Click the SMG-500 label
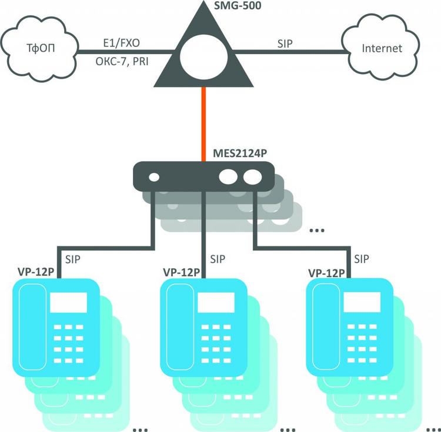pos(238,5)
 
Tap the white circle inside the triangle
pos(203,58)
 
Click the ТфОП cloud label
pos(41,48)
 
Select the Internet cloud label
pos(382,48)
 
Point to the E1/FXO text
pos(122,43)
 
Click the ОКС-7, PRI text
pos(122,62)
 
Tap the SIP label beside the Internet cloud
pos(285,43)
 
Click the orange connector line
pos(203,124)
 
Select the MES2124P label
pos(240,153)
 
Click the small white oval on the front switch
pos(154,178)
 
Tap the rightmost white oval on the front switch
pos(253,177)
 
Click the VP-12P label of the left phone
pos(36,272)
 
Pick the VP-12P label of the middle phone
pos(182,272)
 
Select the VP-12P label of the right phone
pos(326,273)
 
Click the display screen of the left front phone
pos(68,303)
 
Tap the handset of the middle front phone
pos(180,327)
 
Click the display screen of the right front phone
pos(362,302)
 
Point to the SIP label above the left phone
pos(72,259)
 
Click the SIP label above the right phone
pos(362,259)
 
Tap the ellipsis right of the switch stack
pos(317,230)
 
